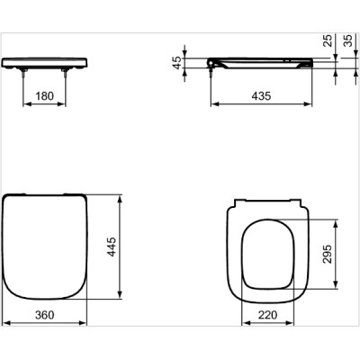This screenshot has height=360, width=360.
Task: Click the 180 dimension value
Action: click(x=49, y=97)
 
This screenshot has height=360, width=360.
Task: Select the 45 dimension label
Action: click(x=177, y=62)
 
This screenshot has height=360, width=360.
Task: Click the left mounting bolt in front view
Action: click(x=22, y=76)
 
